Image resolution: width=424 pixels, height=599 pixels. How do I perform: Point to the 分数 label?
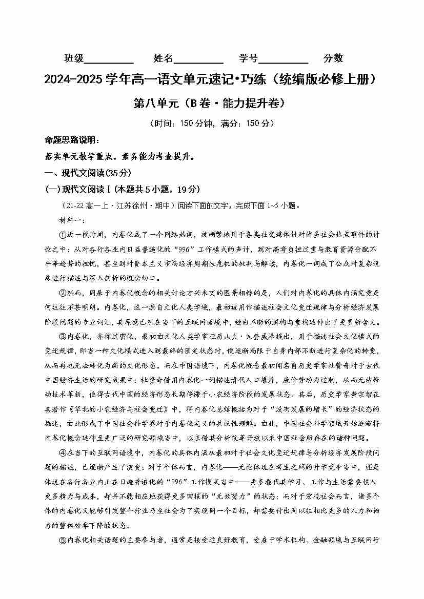pos(333,58)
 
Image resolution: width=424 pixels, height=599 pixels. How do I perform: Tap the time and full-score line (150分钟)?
pos(212,123)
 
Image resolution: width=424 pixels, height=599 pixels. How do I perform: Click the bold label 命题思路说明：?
pos(69,140)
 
